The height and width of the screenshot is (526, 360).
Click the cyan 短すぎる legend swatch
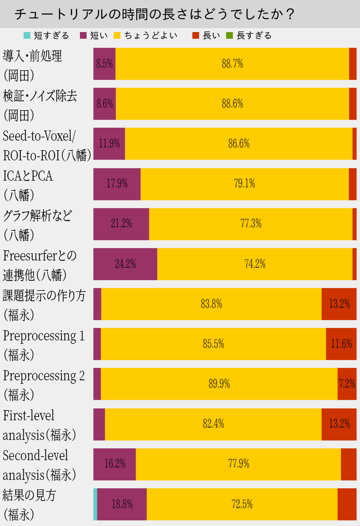pos(26,35)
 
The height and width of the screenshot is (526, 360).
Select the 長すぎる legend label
pos(254,35)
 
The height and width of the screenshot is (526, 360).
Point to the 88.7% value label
pos(232,64)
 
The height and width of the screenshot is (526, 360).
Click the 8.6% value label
pos(105,104)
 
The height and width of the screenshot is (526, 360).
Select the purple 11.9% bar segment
pos(109,143)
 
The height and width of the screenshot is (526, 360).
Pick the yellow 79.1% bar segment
pos(244,183)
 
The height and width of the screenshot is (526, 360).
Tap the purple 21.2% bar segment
pos(121,223)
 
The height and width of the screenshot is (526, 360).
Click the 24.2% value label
pos(125,264)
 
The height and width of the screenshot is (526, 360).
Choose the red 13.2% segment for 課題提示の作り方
pos(339,304)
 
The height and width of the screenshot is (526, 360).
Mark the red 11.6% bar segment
pos(341,344)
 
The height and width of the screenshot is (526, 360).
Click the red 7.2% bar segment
pos(347,384)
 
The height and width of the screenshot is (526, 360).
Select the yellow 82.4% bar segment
pos(213,424)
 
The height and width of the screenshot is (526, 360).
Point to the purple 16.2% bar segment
pos(115,464)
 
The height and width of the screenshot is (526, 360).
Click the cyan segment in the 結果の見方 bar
pos(95,504)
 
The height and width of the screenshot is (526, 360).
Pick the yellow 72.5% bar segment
pos(242,504)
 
